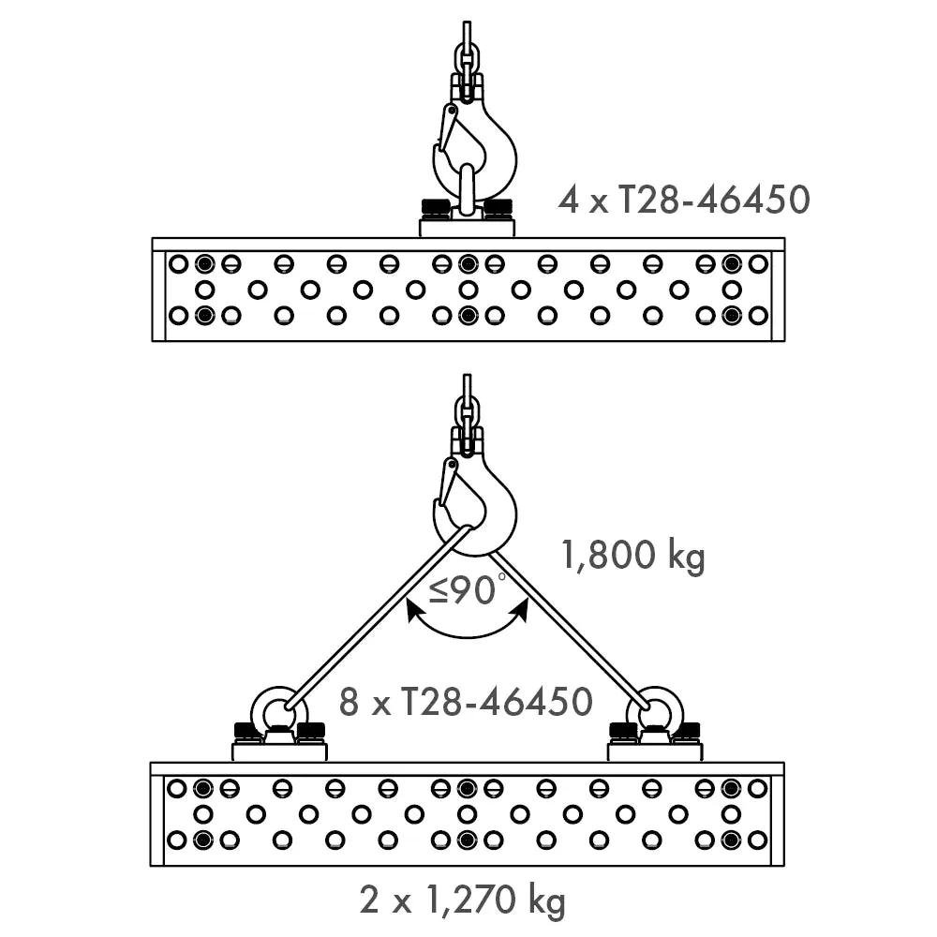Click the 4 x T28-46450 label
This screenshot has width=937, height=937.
(684, 200)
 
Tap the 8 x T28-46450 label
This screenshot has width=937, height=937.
(466, 702)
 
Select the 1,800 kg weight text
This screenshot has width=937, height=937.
(633, 556)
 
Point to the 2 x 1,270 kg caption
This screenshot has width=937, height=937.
(463, 900)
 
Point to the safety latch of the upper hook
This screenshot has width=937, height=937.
(447, 128)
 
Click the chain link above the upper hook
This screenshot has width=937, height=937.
(468, 60)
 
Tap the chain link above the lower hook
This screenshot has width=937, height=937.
(468, 413)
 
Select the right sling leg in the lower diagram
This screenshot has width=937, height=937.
(571, 630)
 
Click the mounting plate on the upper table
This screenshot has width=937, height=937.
(467, 228)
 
